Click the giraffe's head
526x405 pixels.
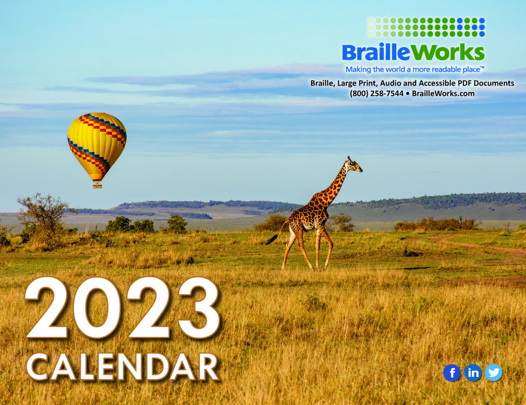coord(354,165)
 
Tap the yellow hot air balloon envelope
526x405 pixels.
coord(97,147)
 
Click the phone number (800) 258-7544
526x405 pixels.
coord(376,93)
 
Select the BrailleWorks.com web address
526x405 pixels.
coord(443,93)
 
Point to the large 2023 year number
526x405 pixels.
coord(122,309)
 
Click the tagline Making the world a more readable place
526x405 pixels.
coord(415,69)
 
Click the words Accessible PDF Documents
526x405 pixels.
coord(466,83)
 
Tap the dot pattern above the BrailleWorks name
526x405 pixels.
coord(426,27)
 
